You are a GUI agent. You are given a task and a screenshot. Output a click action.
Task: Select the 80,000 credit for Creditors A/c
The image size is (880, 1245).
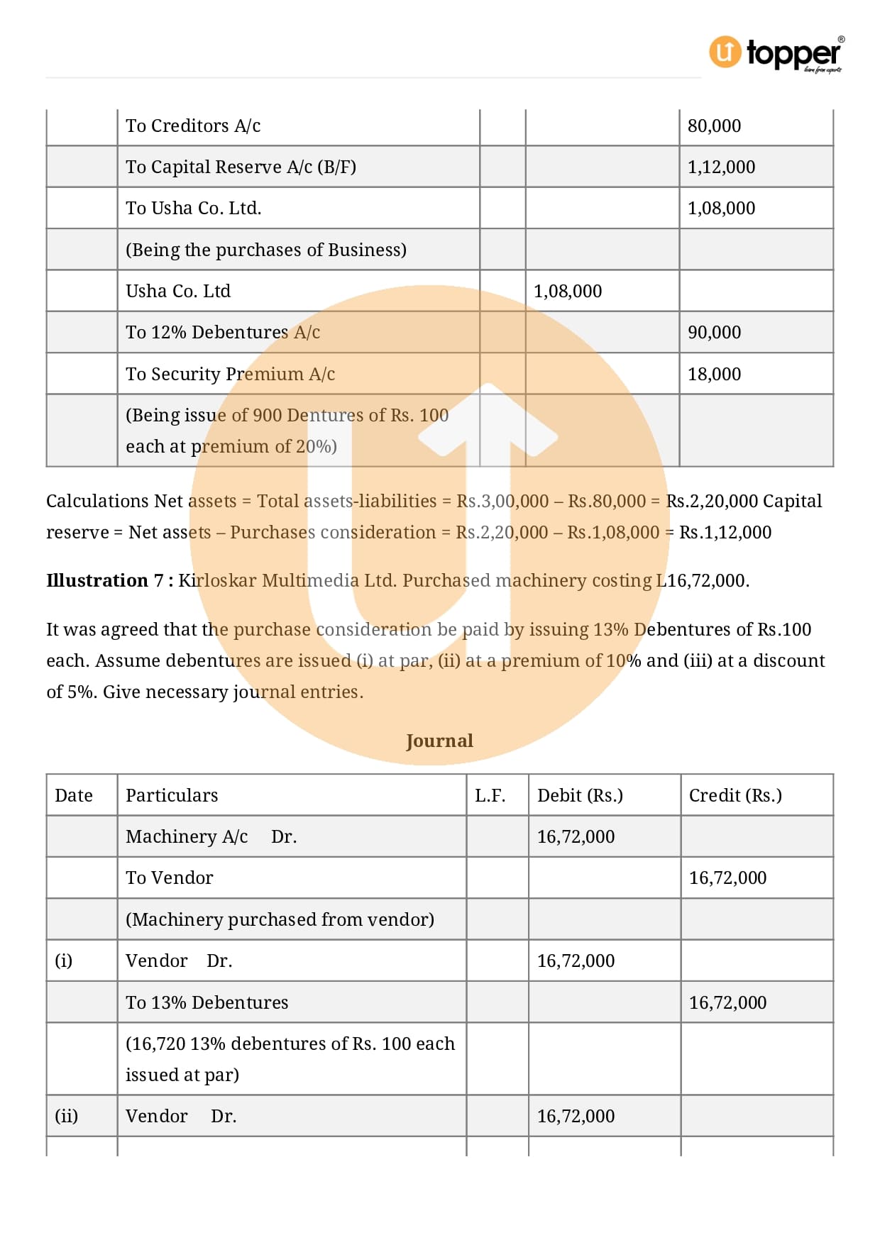click(714, 126)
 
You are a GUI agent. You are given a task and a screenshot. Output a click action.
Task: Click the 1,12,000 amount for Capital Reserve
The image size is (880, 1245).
click(721, 167)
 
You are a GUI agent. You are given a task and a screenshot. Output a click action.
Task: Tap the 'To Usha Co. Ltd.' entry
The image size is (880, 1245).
click(193, 209)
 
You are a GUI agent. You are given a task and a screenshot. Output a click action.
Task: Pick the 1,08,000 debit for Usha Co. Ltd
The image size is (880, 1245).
click(567, 292)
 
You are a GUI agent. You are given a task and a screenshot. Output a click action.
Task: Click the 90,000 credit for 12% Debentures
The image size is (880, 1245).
click(714, 333)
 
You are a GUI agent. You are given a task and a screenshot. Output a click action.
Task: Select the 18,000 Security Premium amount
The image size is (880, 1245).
click(714, 375)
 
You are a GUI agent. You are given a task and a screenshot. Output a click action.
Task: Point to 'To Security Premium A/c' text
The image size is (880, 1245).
click(230, 375)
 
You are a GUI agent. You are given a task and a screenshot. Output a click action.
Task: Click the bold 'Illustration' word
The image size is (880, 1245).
click(97, 581)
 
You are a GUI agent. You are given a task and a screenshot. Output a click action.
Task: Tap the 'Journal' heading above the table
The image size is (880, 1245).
click(439, 741)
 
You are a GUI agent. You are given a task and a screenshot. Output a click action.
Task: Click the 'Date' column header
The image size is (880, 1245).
click(74, 796)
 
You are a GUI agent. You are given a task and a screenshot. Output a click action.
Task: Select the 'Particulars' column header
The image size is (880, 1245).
click(172, 796)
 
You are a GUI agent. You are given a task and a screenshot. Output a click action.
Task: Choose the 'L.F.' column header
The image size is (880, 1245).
click(490, 796)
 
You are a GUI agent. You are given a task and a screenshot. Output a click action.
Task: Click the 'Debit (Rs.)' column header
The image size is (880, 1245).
click(580, 796)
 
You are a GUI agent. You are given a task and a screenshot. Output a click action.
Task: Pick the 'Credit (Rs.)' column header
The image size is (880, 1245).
click(735, 796)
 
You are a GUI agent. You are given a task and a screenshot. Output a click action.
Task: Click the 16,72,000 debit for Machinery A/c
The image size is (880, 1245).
click(576, 837)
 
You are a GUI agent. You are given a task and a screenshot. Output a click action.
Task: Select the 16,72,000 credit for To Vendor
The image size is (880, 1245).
click(727, 878)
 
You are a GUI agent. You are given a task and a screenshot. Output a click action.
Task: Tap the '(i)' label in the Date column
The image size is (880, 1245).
click(64, 961)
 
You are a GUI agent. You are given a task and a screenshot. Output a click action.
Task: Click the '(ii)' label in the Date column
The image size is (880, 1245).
click(67, 1117)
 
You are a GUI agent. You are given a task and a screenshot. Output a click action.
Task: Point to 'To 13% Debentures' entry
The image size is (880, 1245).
click(207, 1003)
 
